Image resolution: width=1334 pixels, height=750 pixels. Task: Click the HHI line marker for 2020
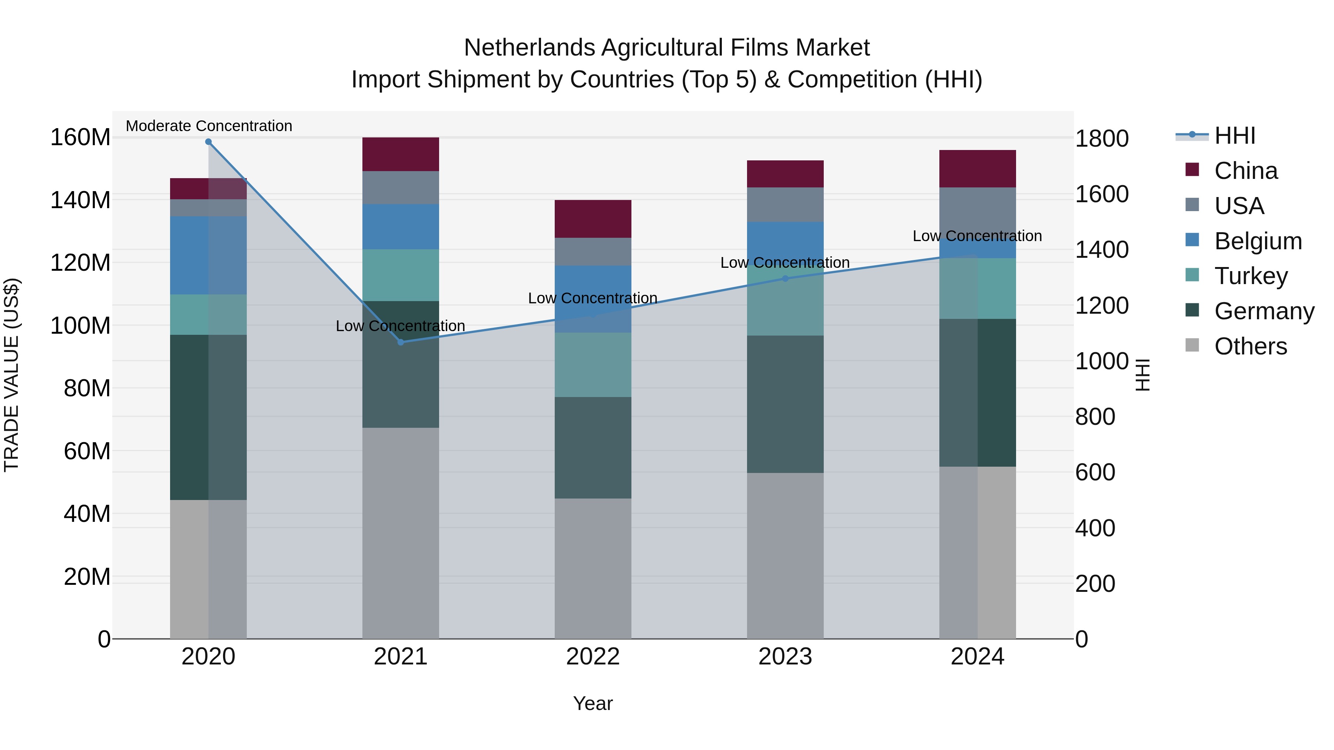pyautogui.click(x=208, y=142)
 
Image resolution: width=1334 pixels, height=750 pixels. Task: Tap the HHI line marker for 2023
pyautogui.click(x=785, y=279)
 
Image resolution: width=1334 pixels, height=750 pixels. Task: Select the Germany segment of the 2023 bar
pyautogui.click(x=785, y=404)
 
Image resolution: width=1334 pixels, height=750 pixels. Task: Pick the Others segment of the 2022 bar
pyautogui.click(x=593, y=568)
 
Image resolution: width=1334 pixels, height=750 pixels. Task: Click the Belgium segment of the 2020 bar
pyautogui.click(x=208, y=255)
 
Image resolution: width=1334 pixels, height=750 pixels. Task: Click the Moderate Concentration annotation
pyautogui.click(x=209, y=126)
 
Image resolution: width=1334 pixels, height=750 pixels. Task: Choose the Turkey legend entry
pyautogui.click(x=1251, y=276)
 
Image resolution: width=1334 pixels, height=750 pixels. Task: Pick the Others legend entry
pyautogui.click(x=1250, y=346)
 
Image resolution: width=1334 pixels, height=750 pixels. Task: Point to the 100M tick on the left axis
pyautogui.click(x=80, y=326)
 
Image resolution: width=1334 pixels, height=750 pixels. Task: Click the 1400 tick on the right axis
pyautogui.click(x=1102, y=250)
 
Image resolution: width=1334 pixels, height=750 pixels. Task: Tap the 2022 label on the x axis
pyautogui.click(x=593, y=657)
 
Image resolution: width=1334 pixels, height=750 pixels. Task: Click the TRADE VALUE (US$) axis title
pyautogui.click(x=11, y=375)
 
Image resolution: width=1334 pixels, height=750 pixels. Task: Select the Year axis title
pyautogui.click(x=593, y=703)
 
